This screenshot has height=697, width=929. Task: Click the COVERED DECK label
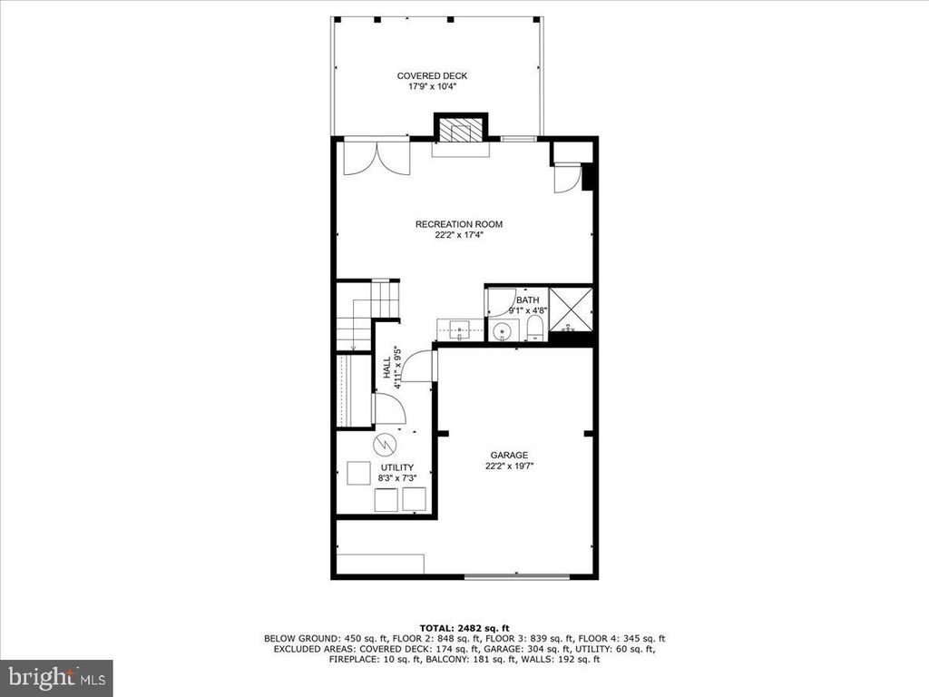pos(432,76)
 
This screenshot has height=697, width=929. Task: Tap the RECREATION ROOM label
pos(458,225)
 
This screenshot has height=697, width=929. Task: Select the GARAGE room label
pos(509,456)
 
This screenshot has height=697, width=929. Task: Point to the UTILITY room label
pos(397,467)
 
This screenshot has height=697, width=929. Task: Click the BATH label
pos(527,300)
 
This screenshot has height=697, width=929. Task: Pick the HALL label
pos(386,368)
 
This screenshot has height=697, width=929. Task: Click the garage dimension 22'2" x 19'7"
pos(510,466)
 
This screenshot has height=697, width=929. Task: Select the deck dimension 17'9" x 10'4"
pos(432,86)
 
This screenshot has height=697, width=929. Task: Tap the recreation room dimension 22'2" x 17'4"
pos(458,235)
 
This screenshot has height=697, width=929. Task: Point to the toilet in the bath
pos(535,329)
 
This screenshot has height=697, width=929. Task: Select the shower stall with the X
pos(571,309)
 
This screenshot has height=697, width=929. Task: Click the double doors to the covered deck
pos(376,157)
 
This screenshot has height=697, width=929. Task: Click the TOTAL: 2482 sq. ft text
pos(464,628)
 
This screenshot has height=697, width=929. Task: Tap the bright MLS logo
pos(57,677)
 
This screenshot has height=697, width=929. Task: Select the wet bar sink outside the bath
pos(460,329)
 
